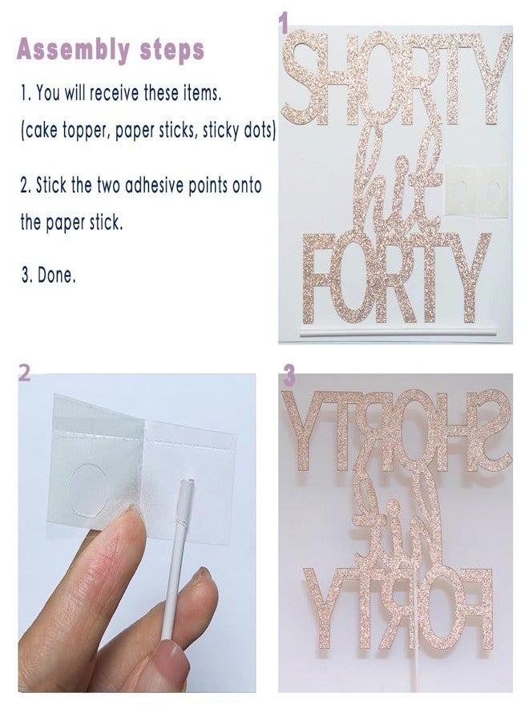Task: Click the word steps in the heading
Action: (172, 50)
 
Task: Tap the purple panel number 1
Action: (282, 24)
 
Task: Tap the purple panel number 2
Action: (24, 373)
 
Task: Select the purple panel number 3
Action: (289, 376)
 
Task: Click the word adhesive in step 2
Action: (155, 186)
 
